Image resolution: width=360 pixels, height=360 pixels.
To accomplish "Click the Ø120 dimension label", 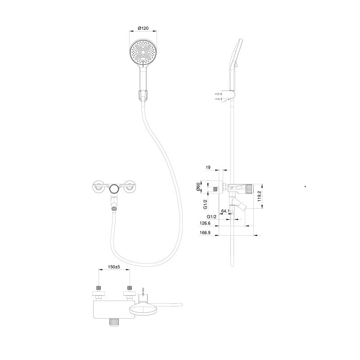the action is pyautogui.click(x=143, y=28).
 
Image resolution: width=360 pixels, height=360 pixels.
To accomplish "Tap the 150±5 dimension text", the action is pyautogui.click(x=114, y=267).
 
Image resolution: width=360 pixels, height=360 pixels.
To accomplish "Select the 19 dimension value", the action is pyautogui.click(x=208, y=167).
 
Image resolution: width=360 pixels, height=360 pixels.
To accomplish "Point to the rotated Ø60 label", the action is pyautogui.click(x=198, y=187).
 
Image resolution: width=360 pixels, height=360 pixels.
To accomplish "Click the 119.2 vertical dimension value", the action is pyautogui.click(x=259, y=196).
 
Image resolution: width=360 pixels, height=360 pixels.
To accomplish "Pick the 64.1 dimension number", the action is pyautogui.click(x=225, y=211).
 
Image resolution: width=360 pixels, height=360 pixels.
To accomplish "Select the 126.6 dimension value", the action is pyautogui.click(x=205, y=223).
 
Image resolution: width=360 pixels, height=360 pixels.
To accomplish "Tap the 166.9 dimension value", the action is pyautogui.click(x=205, y=233).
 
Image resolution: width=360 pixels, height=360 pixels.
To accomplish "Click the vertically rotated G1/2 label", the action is pyautogui.click(x=205, y=204).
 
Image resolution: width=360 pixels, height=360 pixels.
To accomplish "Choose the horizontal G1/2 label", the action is pyautogui.click(x=211, y=216).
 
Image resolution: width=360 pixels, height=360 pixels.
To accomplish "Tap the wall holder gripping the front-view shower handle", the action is pyautogui.click(x=143, y=95).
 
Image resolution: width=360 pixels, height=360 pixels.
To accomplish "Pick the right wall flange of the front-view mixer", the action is pyautogui.click(x=130, y=186).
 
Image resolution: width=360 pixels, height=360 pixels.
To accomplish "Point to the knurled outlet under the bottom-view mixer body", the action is pyautogui.click(x=114, y=322).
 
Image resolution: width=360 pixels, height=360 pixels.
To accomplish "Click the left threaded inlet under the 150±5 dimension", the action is pyautogui.click(x=99, y=288).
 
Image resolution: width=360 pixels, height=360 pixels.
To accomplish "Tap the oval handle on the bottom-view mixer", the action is pyautogui.click(x=143, y=309).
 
